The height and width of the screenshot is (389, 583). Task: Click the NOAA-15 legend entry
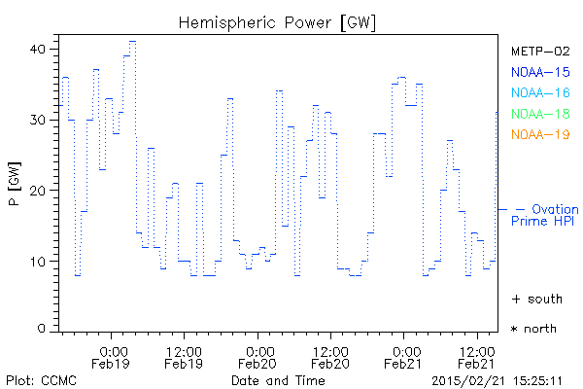[539, 72]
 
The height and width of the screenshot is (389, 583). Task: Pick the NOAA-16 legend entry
[539, 93]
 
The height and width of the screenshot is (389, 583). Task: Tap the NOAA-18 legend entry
[539, 114]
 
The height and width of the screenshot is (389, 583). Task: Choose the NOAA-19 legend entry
[539, 134]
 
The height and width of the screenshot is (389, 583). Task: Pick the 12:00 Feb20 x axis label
[330, 357]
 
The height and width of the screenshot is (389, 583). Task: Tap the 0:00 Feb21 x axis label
[405, 357]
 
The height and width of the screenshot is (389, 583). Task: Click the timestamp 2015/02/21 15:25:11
[504, 379]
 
